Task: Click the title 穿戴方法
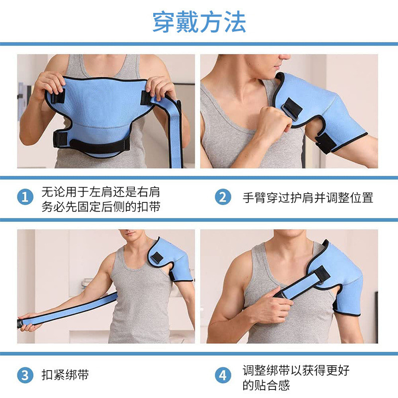(199, 22)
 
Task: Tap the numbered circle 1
(25, 198)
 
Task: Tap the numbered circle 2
(223, 198)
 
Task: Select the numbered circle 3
(25, 375)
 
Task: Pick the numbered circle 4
(223, 375)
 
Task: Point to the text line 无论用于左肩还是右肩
(100, 191)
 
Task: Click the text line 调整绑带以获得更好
(296, 369)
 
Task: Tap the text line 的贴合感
(266, 385)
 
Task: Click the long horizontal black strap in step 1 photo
(99, 145)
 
